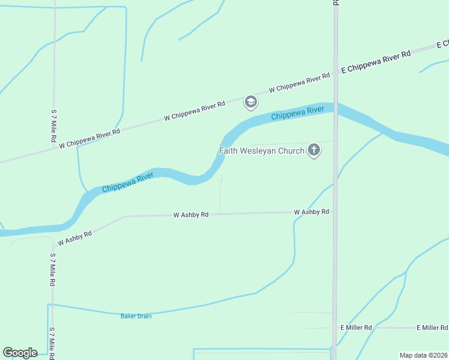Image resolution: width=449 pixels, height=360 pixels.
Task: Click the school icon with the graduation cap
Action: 250,103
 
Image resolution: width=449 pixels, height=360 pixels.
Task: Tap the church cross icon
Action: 313,150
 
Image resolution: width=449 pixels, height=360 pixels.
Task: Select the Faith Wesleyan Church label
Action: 262,151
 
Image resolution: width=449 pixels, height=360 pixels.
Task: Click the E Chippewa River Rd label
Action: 376,62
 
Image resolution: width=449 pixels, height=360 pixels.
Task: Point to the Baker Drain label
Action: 136,316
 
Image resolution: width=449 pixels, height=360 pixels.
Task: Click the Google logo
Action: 20,353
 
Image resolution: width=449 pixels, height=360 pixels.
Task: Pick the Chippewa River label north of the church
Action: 298,112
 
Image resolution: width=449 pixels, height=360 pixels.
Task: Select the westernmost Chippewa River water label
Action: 128,182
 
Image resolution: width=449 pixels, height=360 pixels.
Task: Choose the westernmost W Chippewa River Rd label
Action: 90,137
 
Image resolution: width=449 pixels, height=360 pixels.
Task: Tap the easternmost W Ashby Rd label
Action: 312,212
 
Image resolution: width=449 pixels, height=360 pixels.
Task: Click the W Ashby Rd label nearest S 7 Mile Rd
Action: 74,238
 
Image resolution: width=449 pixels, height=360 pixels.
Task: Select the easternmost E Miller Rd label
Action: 432,328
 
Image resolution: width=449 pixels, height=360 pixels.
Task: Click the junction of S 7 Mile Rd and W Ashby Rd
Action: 53,247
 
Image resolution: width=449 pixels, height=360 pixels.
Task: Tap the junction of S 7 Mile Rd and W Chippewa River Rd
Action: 53,148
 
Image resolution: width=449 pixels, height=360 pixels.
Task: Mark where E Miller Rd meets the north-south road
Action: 334,328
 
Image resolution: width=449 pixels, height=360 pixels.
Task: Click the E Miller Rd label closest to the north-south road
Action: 356,328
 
